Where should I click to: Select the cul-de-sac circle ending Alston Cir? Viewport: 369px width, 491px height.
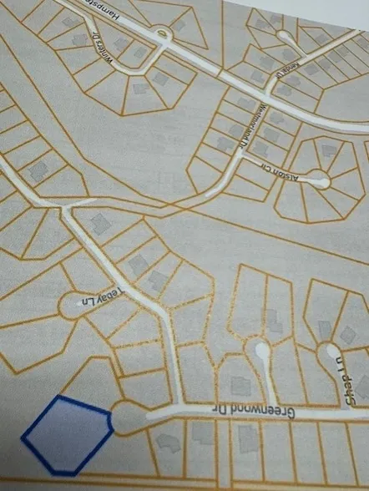point(317,177)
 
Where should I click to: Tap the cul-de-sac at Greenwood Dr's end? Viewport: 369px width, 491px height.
point(126,415)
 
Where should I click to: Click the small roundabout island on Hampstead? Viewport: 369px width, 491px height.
point(159,33)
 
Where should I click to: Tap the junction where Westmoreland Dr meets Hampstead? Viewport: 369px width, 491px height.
point(269,92)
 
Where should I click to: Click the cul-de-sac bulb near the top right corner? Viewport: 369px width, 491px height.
point(287,38)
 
